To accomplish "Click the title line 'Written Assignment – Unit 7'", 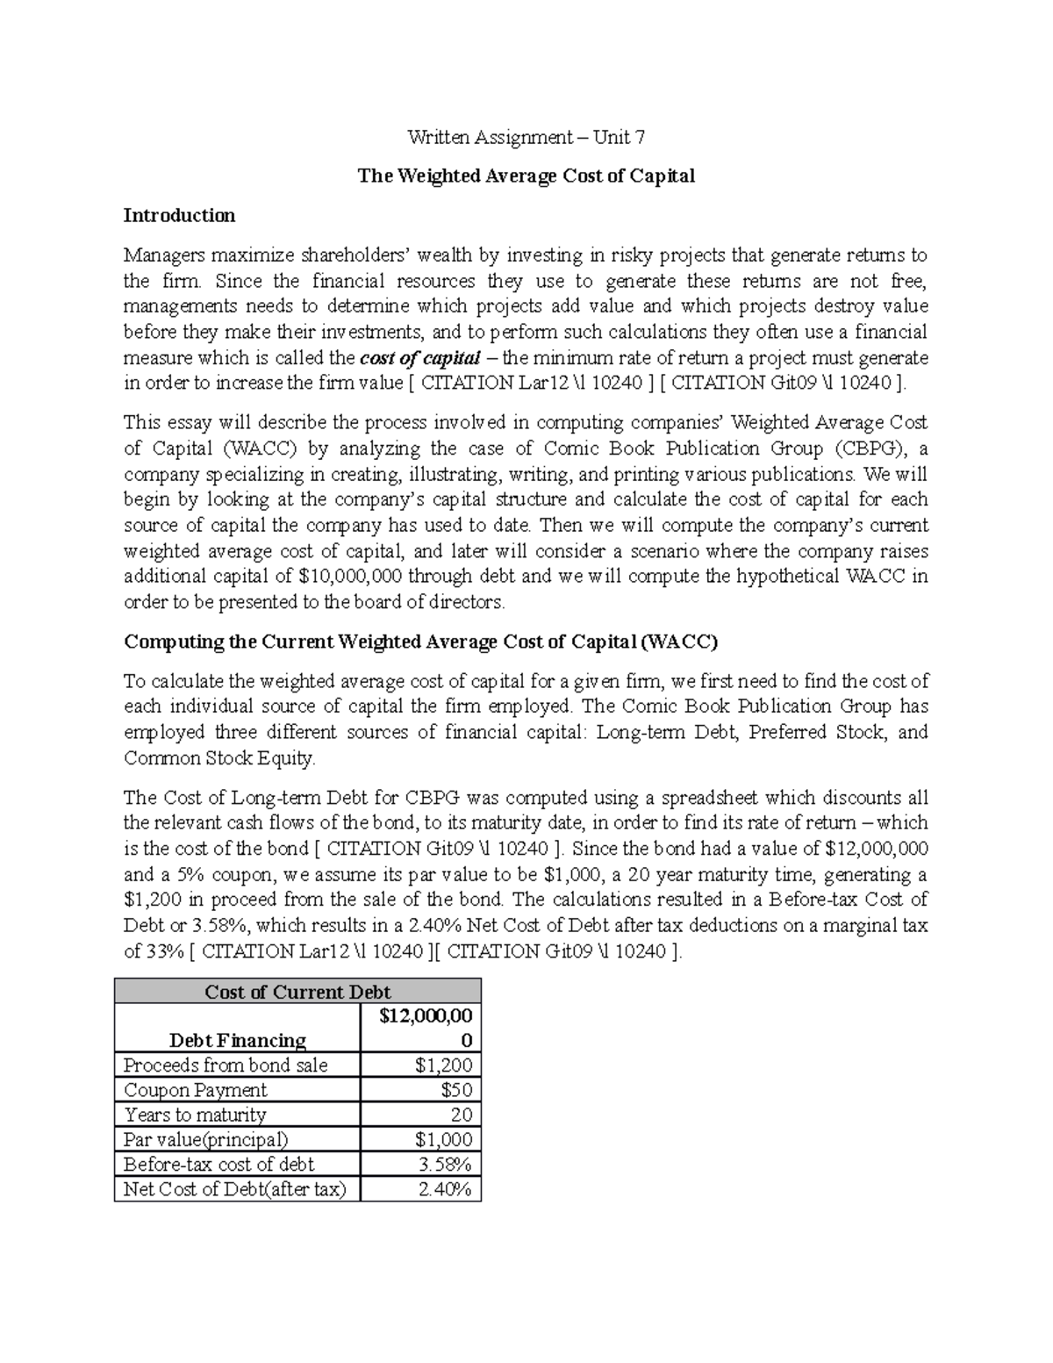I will pos(526,137).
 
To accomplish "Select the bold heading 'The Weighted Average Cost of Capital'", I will pos(526,176).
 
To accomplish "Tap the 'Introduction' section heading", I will pos(179,215).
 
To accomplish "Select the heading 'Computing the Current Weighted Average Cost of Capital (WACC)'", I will pos(420,642).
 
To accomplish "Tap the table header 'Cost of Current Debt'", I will pos(297,992).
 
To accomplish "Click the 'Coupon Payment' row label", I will pos(195,1090).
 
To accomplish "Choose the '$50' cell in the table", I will pos(456,1090).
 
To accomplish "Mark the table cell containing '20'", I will pos(461,1115).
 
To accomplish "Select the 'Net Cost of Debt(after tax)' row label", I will pos(234,1189).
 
